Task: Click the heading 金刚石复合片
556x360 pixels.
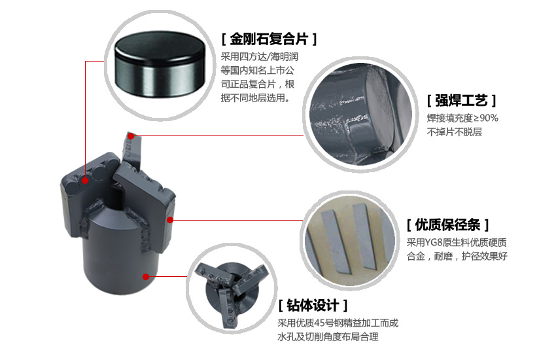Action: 269,39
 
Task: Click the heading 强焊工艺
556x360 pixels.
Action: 461,101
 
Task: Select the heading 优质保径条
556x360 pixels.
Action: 447,225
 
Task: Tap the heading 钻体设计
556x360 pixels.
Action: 313,305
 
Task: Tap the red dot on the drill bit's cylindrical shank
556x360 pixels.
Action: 146,277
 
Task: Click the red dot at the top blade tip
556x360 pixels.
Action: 131,136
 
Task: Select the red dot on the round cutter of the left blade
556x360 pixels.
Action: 85,181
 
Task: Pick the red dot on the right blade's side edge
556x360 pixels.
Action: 170,220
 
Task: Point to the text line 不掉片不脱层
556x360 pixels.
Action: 454,132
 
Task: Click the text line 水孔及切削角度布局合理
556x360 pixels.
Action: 328,337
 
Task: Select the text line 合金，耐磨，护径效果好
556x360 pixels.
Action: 457,256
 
